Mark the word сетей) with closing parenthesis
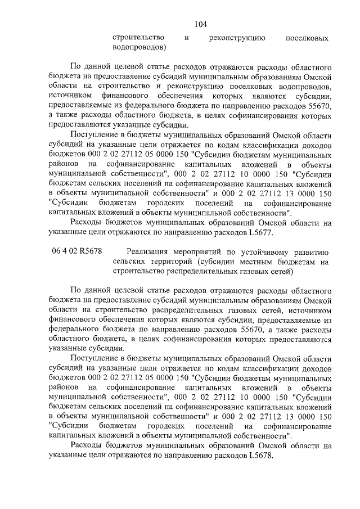tap(280, 273)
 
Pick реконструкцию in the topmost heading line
tap(237, 38)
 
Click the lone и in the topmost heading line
tap(186, 38)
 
